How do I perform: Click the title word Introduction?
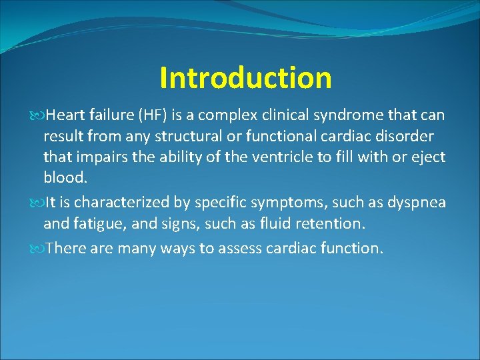point(245,78)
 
